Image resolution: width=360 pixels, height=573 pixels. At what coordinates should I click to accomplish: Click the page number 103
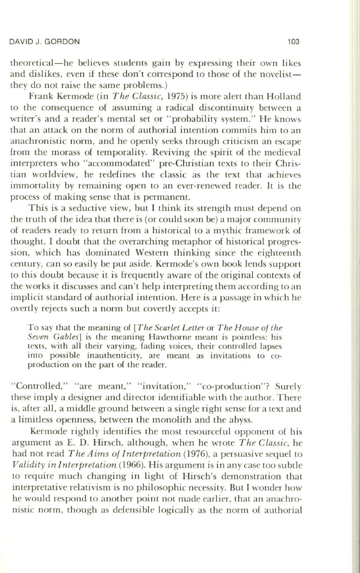(293, 41)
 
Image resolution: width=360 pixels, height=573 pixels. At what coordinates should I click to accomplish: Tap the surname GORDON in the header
(66, 41)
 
